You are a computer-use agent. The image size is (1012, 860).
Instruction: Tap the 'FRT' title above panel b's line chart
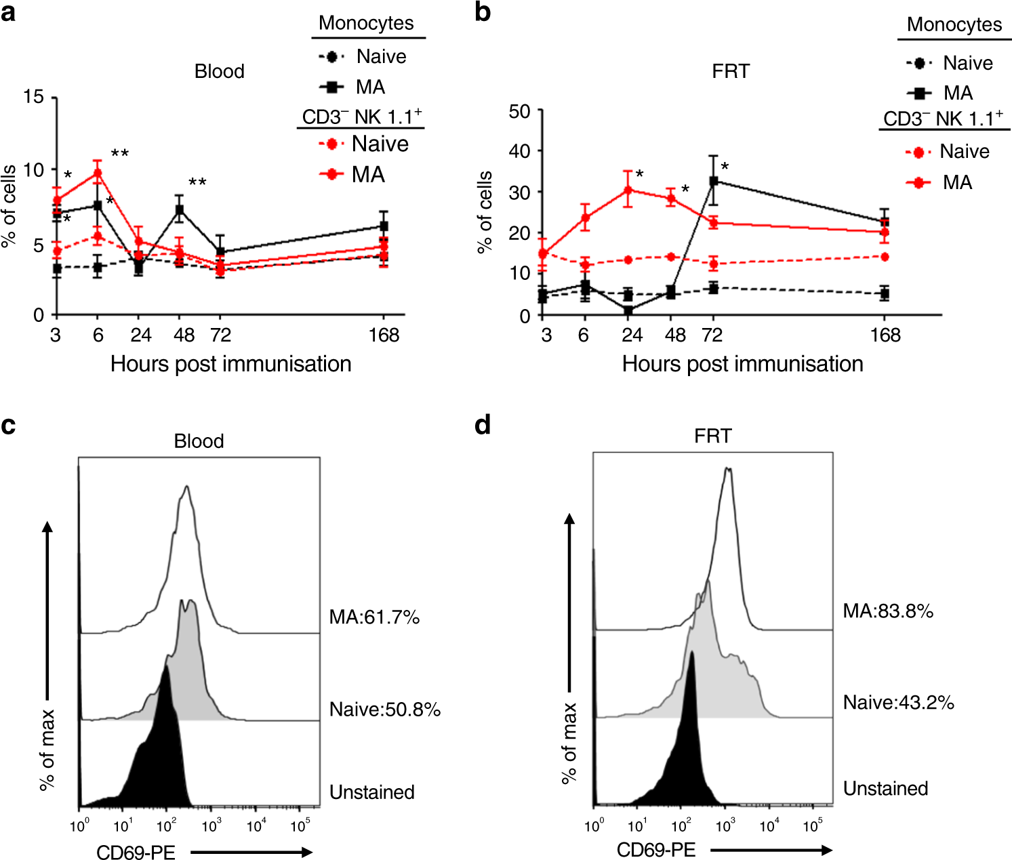[x=730, y=71]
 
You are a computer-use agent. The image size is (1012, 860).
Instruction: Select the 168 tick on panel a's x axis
[x=384, y=335]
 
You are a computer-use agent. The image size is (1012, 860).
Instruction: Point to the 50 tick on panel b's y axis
[x=519, y=110]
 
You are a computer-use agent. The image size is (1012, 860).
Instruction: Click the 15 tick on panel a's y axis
[x=33, y=97]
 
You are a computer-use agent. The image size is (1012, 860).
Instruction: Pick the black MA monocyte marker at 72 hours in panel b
[x=713, y=182]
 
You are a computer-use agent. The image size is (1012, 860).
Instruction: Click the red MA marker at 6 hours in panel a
[x=98, y=173]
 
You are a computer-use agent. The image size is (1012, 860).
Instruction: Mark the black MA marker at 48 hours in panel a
[x=180, y=210]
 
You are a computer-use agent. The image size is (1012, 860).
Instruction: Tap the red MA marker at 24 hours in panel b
[x=628, y=190]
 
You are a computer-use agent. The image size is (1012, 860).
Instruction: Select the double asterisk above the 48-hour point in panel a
[x=197, y=182]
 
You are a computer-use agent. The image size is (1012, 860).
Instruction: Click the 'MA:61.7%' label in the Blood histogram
[x=374, y=617]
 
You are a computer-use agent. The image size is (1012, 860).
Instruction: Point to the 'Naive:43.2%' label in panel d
[x=898, y=703]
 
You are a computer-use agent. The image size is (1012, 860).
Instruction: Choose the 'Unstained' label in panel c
[x=371, y=792]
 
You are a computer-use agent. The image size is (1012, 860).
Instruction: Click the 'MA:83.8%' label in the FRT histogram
[x=888, y=611]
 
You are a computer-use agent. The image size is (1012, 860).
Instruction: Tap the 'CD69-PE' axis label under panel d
[x=655, y=850]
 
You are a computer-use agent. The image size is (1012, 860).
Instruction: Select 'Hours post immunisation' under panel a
[x=230, y=364]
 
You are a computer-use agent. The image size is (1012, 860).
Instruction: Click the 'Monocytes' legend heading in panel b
[x=954, y=25]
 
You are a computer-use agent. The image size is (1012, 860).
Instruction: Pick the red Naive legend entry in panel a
[x=364, y=144]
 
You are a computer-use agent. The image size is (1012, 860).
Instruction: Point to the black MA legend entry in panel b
[x=939, y=93]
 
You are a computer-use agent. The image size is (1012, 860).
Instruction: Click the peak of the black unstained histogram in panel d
[x=692, y=654]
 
